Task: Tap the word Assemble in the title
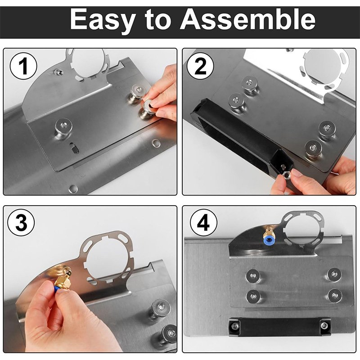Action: [247, 19]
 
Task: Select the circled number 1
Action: [23, 66]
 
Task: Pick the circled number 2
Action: [200, 66]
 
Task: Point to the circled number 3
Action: [21, 222]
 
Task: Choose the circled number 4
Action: [204, 223]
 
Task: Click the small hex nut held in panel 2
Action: [286, 175]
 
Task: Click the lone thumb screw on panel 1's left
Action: [63, 128]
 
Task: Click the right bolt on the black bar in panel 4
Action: [324, 325]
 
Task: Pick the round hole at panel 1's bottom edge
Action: [73, 189]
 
